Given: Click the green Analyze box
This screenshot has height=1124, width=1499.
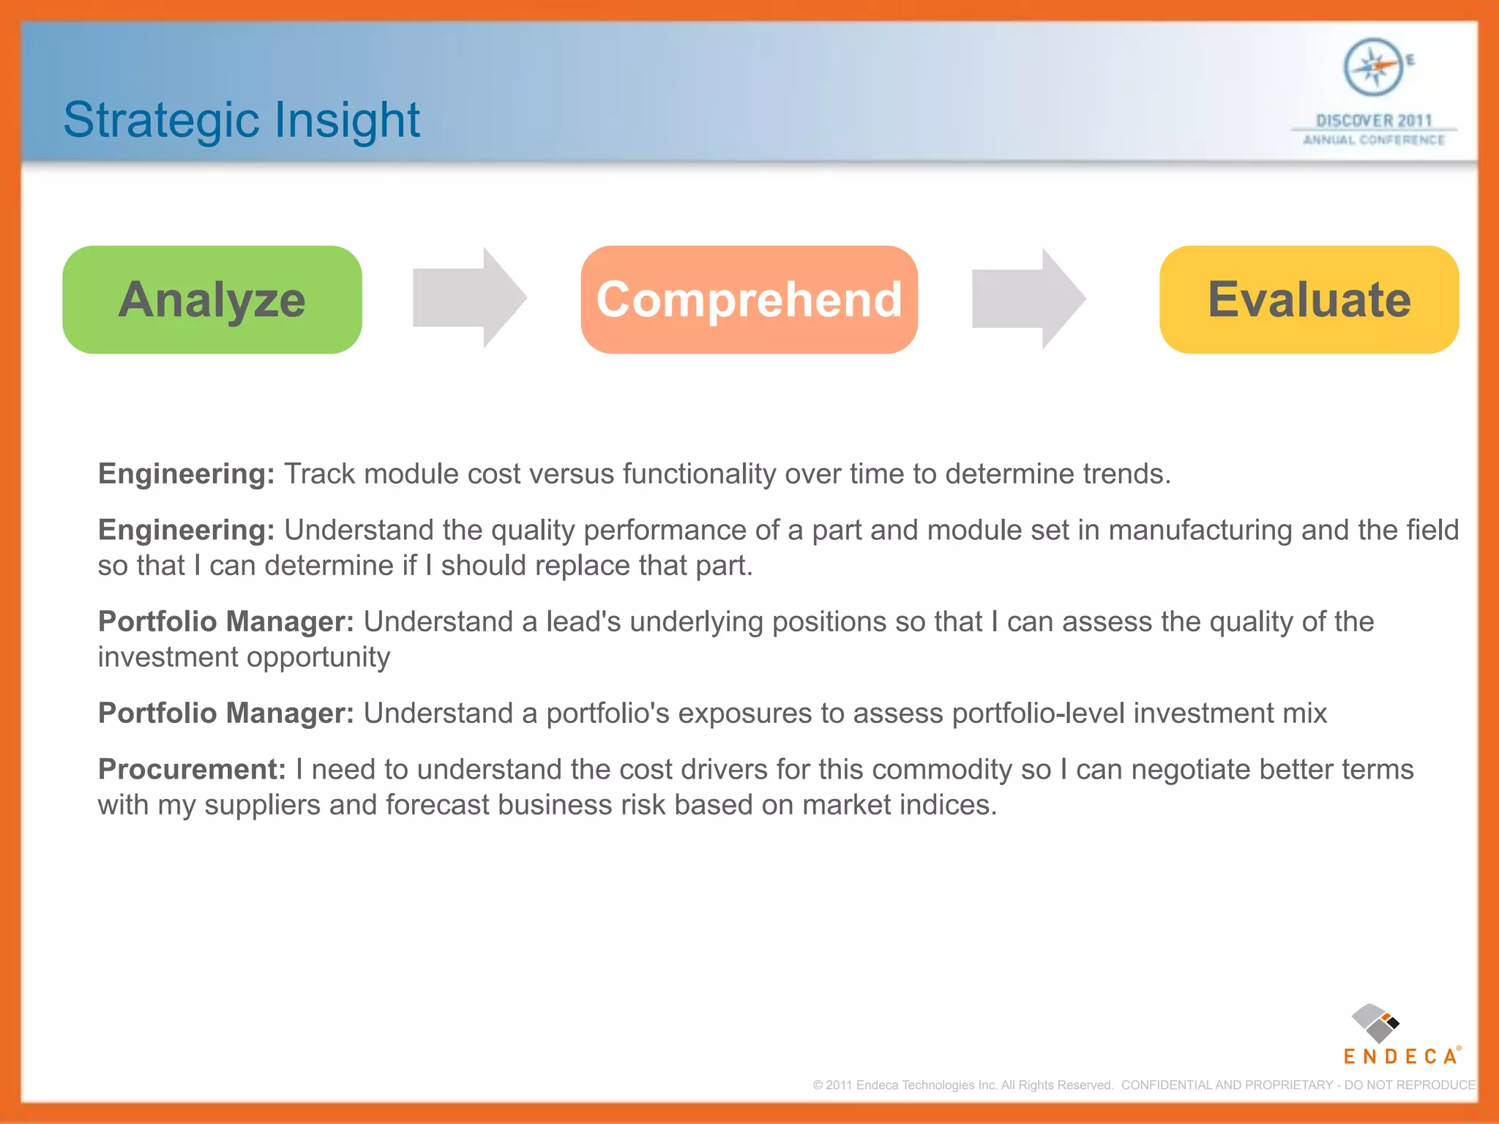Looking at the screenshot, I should coord(212,300).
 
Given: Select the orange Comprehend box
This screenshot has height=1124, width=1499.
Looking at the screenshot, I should coord(749,300).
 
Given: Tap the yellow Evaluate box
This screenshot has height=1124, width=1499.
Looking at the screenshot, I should coord(1309,300).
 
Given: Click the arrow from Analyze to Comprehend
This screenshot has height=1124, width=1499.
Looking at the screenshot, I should coord(469,298).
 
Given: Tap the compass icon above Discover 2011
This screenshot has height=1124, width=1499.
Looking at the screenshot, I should coord(1373,67).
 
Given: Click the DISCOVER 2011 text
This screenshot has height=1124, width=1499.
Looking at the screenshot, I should coord(1373,120).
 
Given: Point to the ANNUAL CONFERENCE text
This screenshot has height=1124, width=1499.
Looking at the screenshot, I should coord(1373,140).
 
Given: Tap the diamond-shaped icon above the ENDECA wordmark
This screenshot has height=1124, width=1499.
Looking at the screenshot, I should coord(1375,1023).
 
